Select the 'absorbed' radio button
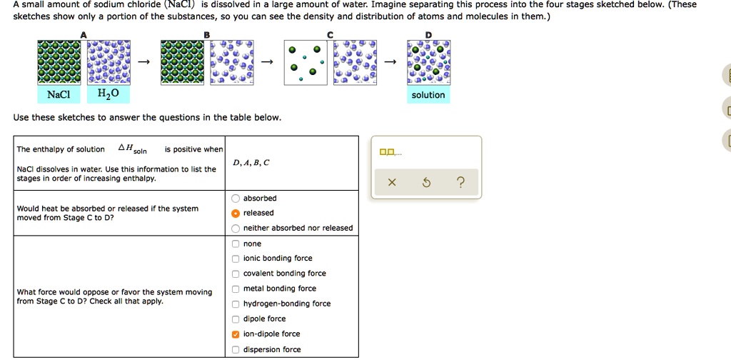[x=236, y=199]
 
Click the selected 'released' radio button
[x=236, y=214]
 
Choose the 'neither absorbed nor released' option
[x=236, y=229]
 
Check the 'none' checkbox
[x=236, y=244]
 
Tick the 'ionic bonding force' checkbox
[x=236, y=259]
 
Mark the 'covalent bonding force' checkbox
[x=236, y=274]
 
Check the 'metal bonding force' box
[x=236, y=289]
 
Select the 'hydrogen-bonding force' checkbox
[x=236, y=304]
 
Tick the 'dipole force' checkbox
[x=236, y=319]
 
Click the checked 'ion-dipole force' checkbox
[x=236, y=334]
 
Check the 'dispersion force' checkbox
[x=236, y=350]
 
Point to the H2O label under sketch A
[x=99, y=94]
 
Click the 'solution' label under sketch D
[x=428, y=95]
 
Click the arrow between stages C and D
[x=390, y=63]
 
